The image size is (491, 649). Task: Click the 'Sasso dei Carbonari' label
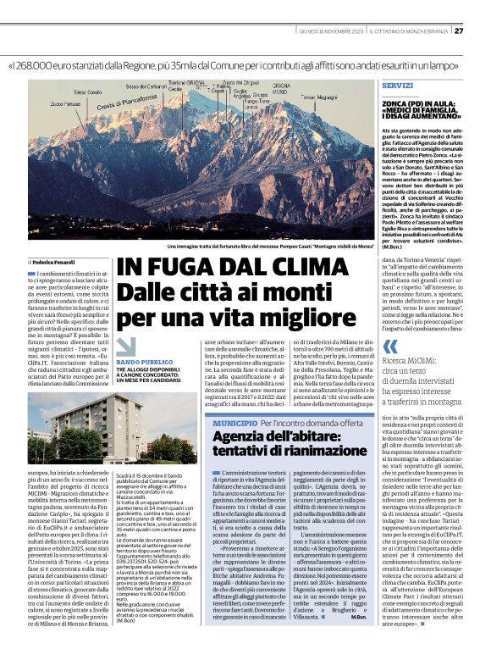(x=145, y=86)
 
